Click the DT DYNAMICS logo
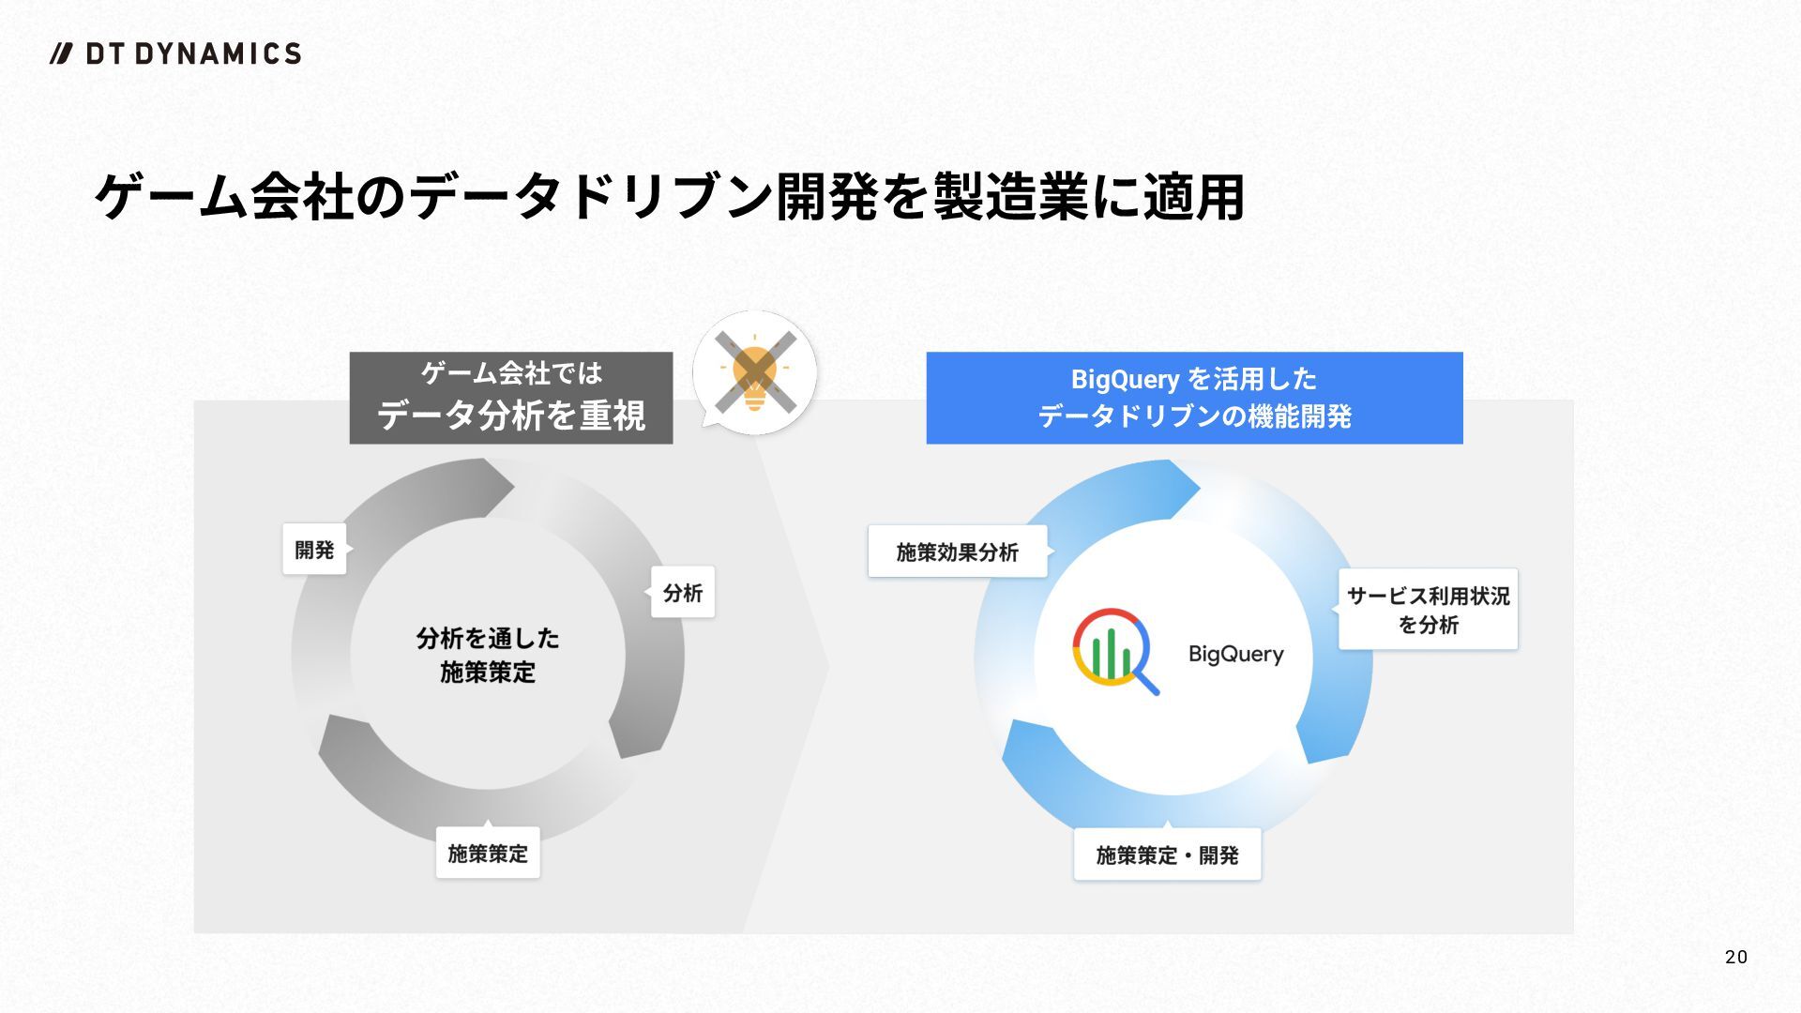(x=176, y=53)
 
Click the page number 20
(x=1735, y=957)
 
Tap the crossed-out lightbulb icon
(x=754, y=373)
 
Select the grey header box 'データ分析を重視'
(x=511, y=398)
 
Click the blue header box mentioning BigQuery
(x=1194, y=398)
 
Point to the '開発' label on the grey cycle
(x=314, y=550)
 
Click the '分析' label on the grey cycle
(x=683, y=593)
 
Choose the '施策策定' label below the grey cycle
(x=488, y=854)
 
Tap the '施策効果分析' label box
(x=957, y=552)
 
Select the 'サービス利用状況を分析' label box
(x=1428, y=610)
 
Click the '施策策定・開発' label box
(x=1167, y=855)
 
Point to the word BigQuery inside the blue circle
(x=1235, y=654)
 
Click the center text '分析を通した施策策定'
(x=488, y=655)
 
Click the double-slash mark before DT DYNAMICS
(x=62, y=53)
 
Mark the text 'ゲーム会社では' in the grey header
(x=511, y=373)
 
